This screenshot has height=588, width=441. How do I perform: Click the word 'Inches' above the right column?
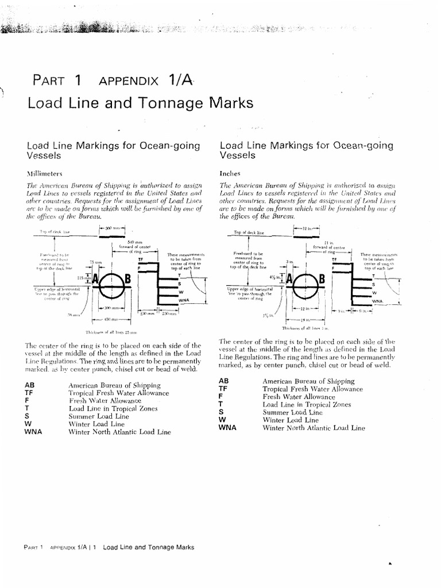tap(230, 172)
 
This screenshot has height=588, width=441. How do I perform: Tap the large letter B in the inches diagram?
tap(322, 280)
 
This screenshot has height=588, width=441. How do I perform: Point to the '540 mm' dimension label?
tap(134, 242)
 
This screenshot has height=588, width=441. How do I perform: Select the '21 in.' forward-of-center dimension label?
tap(329, 243)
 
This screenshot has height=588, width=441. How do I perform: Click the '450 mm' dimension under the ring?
tap(111, 319)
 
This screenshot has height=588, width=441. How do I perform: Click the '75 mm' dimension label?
tap(95, 261)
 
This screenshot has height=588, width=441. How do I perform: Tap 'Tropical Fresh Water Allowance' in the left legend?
tap(118, 393)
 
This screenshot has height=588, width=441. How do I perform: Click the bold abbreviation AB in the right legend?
tap(224, 381)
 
